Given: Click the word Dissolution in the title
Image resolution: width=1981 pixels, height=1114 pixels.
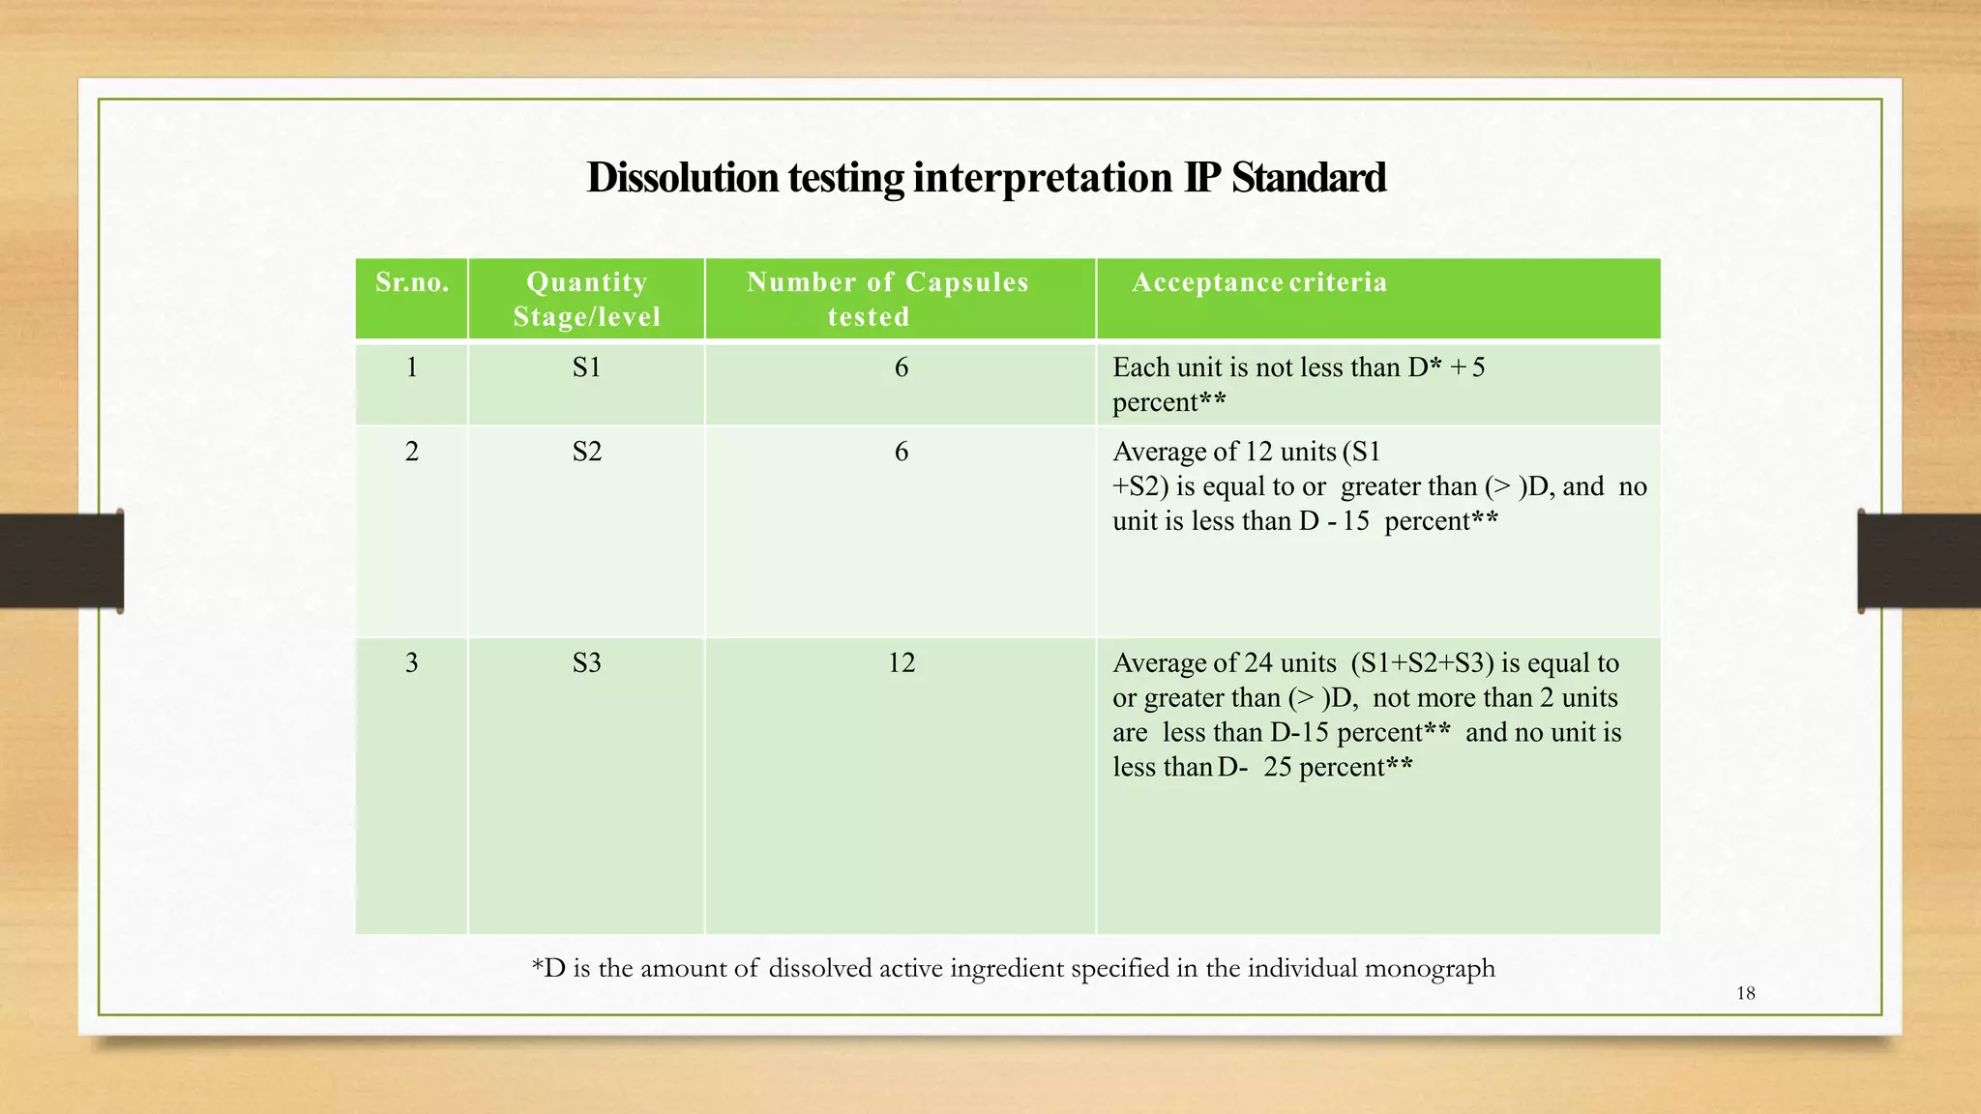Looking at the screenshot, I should click(x=682, y=178).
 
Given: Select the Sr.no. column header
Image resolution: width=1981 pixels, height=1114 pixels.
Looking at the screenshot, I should click(x=412, y=282).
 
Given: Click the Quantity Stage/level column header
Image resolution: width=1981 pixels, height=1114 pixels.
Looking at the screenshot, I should click(x=586, y=299).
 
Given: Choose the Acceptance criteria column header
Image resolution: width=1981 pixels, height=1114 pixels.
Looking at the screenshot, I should click(x=1258, y=282).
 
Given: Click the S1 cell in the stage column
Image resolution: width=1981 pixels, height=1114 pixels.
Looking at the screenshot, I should click(x=586, y=367).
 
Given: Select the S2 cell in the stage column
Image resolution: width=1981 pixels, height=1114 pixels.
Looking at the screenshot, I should click(x=586, y=452).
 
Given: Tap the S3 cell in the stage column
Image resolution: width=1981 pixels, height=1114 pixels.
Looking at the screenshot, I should click(x=586, y=662).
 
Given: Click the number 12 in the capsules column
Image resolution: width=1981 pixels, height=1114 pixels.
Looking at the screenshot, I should click(x=901, y=662).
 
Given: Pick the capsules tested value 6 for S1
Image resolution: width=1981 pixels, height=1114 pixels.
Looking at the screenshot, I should click(x=901, y=367).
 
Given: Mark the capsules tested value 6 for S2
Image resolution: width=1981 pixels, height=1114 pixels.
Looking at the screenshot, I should click(x=901, y=452).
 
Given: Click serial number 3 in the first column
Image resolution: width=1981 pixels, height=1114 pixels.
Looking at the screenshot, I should click(x=412, y=662).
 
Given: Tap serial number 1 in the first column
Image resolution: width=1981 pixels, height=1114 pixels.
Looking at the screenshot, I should click(x=412, y=367).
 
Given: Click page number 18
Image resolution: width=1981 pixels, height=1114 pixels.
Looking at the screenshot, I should click(x=1745, y=993).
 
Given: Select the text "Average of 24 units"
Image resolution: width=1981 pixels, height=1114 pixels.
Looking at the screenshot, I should click(x=1224, y=663).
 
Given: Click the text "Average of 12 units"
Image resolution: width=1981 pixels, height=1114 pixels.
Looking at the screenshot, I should click(x=1224, y=452).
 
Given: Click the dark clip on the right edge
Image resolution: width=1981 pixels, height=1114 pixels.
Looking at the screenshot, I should click(x=1918, y=561).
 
